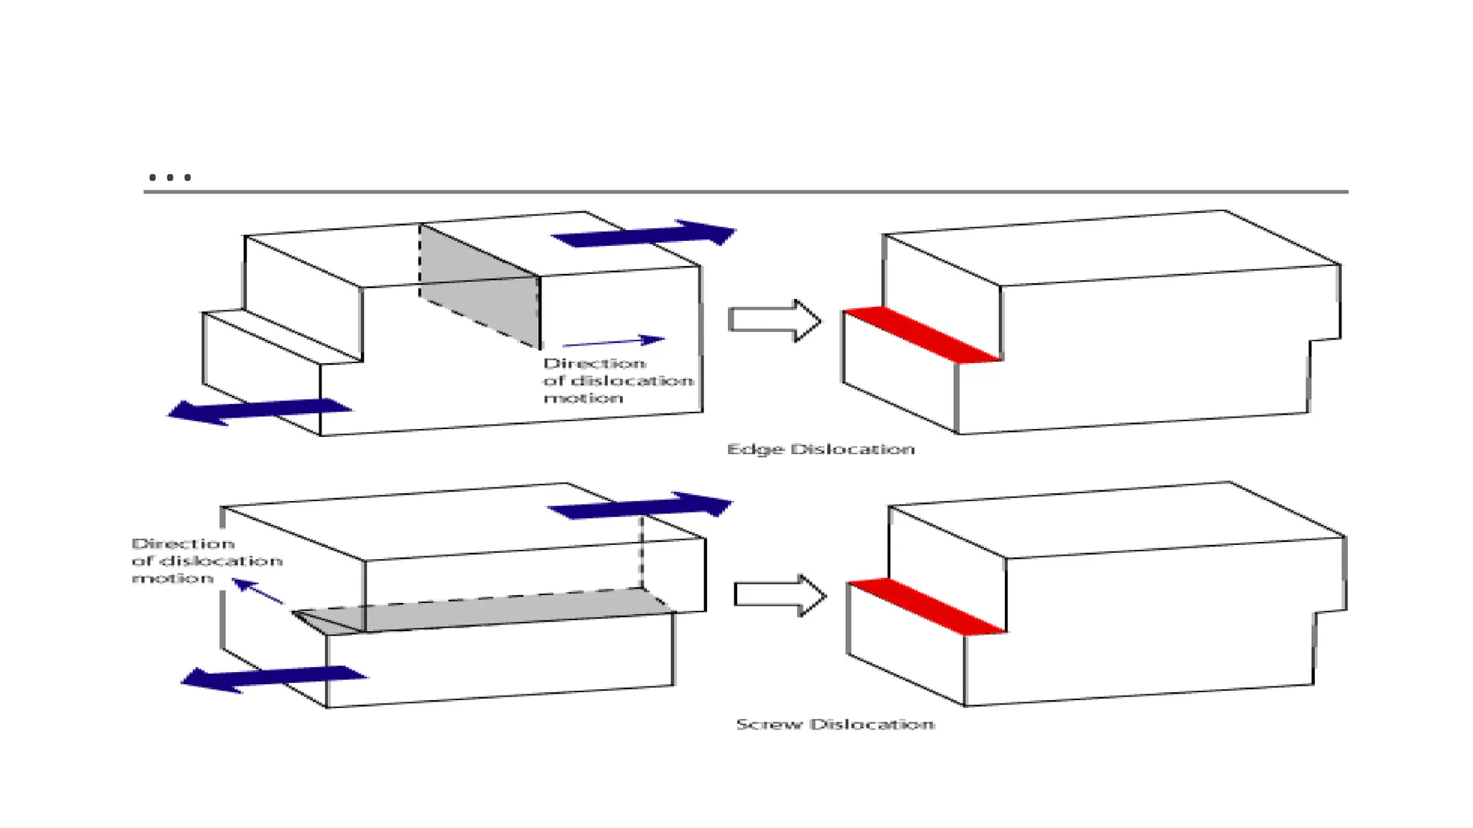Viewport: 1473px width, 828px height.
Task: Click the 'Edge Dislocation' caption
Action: point(821,449)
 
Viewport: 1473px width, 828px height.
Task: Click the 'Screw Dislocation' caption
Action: point(835,724)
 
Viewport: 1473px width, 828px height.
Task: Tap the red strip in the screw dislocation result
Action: point(926,607)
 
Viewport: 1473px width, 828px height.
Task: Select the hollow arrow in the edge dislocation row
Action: point(774,321)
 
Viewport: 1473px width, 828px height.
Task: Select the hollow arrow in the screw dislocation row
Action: point(780,595)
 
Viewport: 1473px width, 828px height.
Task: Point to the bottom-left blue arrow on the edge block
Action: point(259,411)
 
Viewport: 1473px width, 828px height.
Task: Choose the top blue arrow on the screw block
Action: point(640,505)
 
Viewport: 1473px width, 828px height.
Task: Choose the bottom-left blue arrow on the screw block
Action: point(273,678)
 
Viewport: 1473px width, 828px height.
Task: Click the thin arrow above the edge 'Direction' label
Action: point(613,341)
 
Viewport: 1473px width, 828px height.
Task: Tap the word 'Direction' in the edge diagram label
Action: point(594,364)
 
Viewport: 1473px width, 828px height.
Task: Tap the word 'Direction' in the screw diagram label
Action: point(183,544)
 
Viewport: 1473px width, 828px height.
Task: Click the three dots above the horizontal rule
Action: point(170,177)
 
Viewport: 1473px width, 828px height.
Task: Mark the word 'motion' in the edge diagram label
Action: point(583,398)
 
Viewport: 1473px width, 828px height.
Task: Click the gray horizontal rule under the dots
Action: point(745,192)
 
